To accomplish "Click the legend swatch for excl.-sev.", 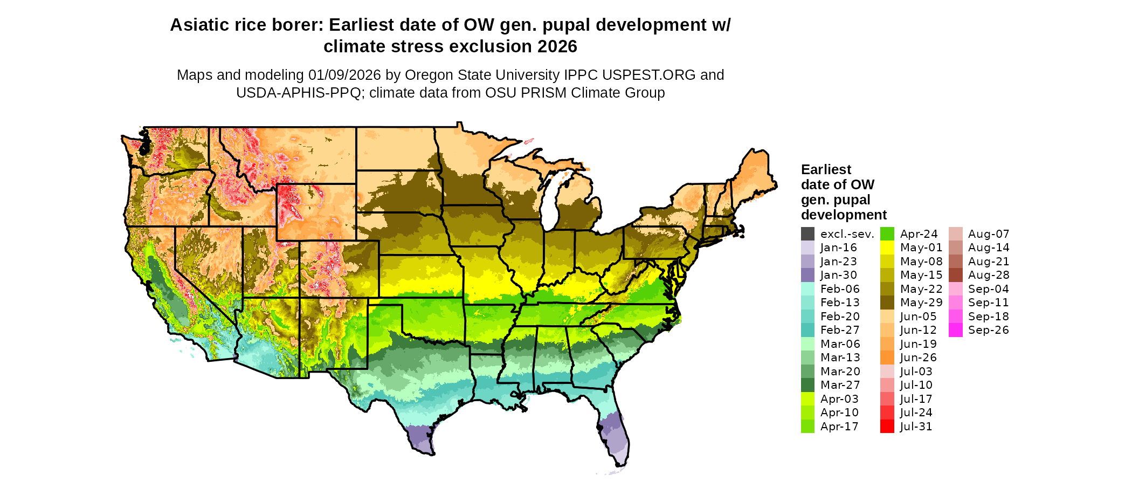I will (807, 234).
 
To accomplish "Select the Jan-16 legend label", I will (838, 248).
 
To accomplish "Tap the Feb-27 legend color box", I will (807, 330).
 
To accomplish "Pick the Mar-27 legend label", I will (840, 385).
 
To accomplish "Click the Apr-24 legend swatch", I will (887, 234).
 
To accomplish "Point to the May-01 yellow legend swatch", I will (887, 248).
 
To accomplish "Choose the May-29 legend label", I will (921, 303).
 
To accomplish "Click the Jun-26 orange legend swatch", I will (887, 358).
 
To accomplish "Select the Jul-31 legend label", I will (916, 427).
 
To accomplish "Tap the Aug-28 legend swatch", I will (956, 275).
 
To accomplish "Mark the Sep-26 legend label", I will (988, 330).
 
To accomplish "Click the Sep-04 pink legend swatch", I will (956, 289).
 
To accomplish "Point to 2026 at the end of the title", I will (555, 47).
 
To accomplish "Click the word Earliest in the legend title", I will (826, 170).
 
